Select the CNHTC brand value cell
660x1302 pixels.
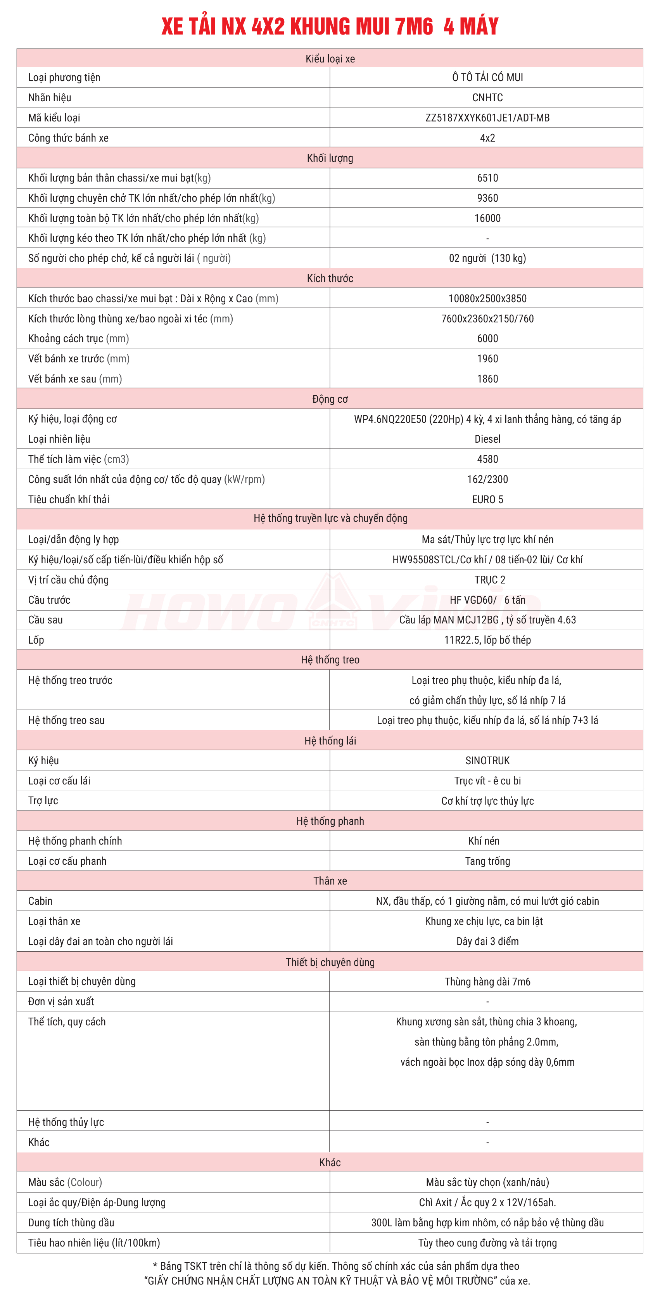pos(487,97)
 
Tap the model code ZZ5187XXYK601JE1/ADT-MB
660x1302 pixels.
pos(487,118)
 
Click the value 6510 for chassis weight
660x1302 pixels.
pos(487,178)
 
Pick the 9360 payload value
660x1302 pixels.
pos(487,198)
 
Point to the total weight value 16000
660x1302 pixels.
pos(487,218)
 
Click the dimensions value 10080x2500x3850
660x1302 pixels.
pos(487,299)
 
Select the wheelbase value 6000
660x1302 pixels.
pos(487,339)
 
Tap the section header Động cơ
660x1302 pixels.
pos(330,399)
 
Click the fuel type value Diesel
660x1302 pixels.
pos(487,439)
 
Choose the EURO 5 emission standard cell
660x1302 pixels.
pos(487,499)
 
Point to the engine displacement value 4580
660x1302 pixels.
pos(487,459)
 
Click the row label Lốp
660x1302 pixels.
pos(36,640)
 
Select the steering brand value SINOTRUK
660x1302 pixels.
pos(487,761)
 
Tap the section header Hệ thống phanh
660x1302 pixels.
pos(330,821)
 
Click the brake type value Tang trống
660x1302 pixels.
pos(487,861)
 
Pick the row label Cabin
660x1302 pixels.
pos(40,901)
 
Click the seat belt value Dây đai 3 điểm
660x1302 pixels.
pos(487,941)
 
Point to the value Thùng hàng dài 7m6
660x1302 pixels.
pos(487,982)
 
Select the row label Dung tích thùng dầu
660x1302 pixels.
pos(71,1222)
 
